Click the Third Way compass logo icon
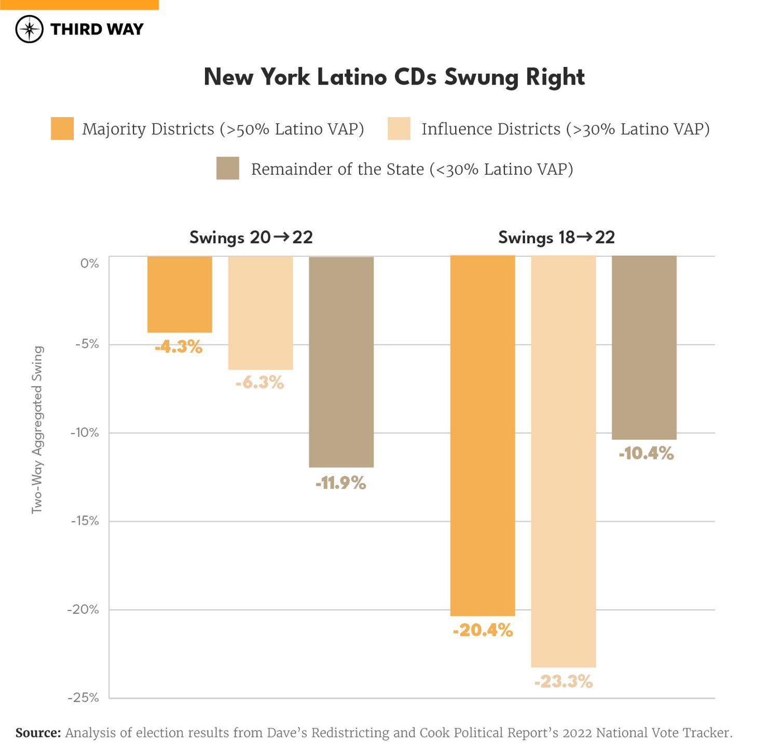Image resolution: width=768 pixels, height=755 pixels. click(x=29, y=29)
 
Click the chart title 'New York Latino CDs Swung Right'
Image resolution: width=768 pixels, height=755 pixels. click(x=394, y=77)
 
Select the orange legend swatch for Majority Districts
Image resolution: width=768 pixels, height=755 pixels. click(x=62, y=129)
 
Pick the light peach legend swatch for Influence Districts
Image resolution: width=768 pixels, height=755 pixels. click(x=399, y=129)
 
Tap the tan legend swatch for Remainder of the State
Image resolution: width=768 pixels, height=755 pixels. click(x=227, y=169)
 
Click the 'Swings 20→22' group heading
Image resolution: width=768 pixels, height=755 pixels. click(x=251, y=237)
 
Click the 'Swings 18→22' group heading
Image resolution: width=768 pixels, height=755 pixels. click(x=556, y=237)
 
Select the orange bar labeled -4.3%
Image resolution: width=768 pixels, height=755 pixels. click(x=180, y=294)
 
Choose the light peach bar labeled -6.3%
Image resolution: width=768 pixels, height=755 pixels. click(x=260, y=313)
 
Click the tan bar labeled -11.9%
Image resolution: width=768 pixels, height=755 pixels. click(x=341, y=362)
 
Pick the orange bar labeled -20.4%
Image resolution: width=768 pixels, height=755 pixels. click(x=483, y=436)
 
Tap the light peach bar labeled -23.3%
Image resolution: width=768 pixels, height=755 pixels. click(x=564, y=462)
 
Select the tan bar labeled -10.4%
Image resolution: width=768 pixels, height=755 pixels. click(x=644, y=347)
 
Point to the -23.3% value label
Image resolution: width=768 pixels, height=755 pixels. click(x=564, y=681)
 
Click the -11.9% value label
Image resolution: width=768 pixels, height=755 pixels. click(x=341, y=483)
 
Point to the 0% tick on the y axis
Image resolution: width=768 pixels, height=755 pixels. click(x=89, y=263)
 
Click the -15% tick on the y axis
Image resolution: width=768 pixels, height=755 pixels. click(x=85, y=521)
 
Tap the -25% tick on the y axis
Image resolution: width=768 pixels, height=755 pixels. click(x=84, y=698)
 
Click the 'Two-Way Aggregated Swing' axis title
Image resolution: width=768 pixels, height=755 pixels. click(x=37, y=430)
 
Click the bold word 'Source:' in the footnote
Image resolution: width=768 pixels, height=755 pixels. click(x=38, y=733)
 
